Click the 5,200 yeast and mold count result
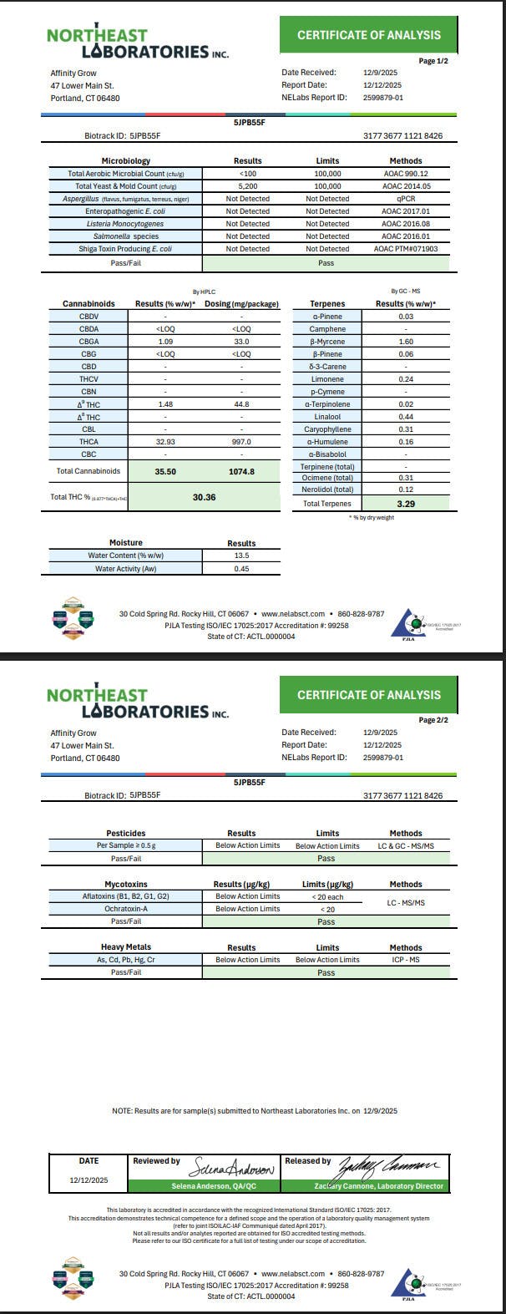[x=247, y=186]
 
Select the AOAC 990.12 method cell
[x=406, y=174]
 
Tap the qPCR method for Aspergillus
[x=406, y=199]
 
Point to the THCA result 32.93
[x=164, y=441]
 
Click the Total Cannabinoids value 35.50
[x=164, y=471]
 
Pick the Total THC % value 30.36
[x=205, y=497]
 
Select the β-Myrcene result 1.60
[x=406, y=342]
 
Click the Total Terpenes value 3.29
[x=406, y=504]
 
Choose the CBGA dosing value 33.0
[x=241, y=342]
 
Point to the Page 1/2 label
[x=433, y=61]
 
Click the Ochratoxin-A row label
[x=126, y=909]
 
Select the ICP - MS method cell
[x=406, y=960]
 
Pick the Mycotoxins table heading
[x=126, y=884]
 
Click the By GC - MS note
[x=406, y=290]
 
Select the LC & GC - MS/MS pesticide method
[x=406, y=845]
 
